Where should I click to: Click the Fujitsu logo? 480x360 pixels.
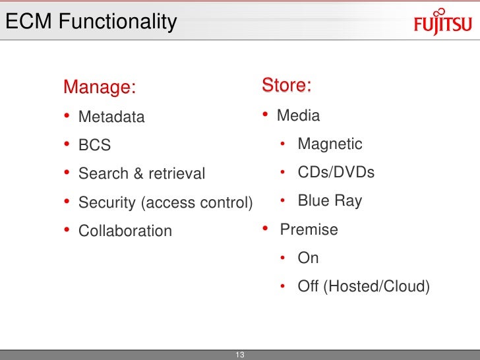(x=442, y=24)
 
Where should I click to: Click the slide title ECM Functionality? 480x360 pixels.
(x=91, y=22)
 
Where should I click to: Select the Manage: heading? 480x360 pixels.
(x=100, y=87)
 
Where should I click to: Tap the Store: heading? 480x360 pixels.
(x=287, y=86)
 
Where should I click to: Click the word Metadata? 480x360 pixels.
(x=111, y=117)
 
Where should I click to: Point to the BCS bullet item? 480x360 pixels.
(x=94, y=145)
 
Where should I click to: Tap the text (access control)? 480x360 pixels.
(x=196, y=203)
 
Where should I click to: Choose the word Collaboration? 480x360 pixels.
(x=125, y=231)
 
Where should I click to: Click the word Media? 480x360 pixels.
(x=298, y=116)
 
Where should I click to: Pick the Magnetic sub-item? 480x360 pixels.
(x=330, y=144)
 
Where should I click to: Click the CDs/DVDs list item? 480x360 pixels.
(x=336, y=173)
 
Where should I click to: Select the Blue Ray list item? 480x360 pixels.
(x=330, y=200)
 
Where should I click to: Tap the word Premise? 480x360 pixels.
(x=309, y=229)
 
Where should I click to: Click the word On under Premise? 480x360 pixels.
(x=308, y=258)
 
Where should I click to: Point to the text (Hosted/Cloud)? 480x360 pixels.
(x=375, y=287)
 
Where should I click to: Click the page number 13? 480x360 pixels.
(x=240, y=355)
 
